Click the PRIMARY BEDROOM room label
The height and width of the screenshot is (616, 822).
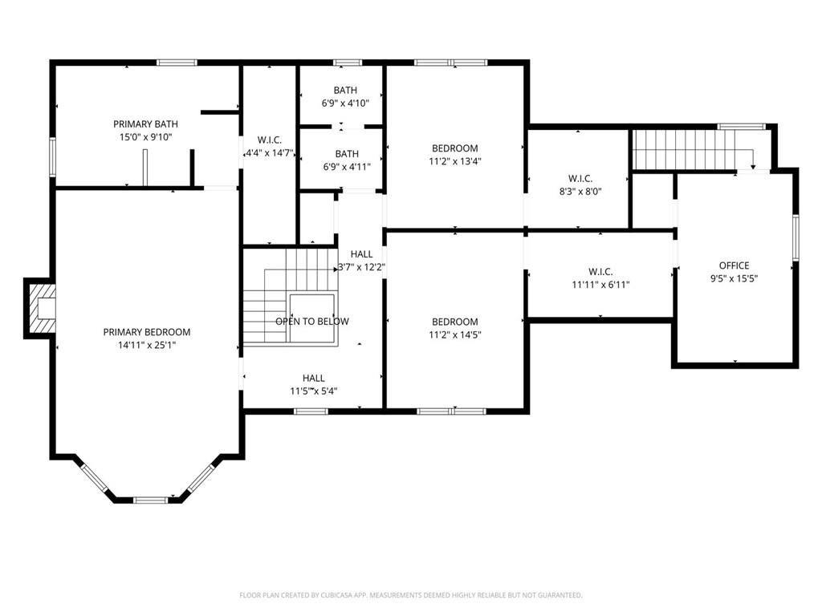pos(147,332)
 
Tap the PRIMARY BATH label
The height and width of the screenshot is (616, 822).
pos(146,124)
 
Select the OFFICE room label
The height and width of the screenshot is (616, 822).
pos(734,265)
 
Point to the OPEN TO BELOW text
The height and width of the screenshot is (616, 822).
pos(312,322)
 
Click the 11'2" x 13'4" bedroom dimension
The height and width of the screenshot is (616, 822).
pos(455,161)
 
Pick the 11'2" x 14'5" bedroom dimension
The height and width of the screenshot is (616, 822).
pos(455,334)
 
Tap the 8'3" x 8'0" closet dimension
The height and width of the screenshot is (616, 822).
pos(580,192)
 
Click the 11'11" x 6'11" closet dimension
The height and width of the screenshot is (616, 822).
pos(600,285)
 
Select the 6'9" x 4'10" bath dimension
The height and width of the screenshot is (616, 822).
pos(345,103)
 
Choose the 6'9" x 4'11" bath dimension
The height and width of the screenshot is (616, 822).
pos(347,167)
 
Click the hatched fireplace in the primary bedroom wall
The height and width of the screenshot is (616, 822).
pos(42,309)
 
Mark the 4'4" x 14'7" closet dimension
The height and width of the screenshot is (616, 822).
pos(270,153)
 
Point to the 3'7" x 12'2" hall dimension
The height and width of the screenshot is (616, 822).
pos(362,267)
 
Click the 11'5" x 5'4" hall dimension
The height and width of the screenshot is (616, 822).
pos(314,391)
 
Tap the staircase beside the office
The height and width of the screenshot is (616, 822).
pos(685,149)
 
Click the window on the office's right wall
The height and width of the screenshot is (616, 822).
pos(796,237)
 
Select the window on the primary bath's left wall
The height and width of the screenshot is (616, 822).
pos(52,156)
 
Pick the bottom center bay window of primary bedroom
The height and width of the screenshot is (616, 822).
pos(151,500)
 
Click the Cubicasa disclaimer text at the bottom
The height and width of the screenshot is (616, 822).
pos(411,595)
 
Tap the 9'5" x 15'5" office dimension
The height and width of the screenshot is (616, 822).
pos(734,278)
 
